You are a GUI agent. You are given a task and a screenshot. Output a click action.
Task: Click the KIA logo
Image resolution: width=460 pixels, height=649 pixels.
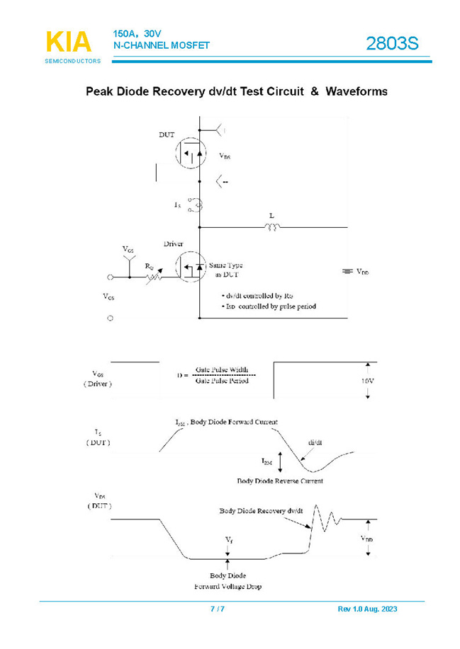[x=69, y=42]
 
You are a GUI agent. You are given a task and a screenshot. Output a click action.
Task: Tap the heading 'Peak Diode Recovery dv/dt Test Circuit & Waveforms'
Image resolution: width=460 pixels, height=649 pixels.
[x=236, y=92]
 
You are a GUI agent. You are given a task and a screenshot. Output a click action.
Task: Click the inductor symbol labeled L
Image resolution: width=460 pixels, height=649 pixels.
[x=272, y=226]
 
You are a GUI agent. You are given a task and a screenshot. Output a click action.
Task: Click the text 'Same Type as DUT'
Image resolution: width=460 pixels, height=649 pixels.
[x=225, y=270]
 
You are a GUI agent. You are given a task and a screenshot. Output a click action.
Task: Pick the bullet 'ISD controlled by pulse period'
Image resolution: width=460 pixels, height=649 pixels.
[x=269, y=306]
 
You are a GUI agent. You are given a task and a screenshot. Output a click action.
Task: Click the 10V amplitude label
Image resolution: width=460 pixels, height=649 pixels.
[x=368, y=381]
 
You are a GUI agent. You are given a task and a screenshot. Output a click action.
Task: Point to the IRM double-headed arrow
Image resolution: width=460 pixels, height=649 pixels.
[x=281, y=461]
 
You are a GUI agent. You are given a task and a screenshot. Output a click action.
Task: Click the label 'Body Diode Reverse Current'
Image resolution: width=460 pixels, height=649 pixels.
[x=280, y=481]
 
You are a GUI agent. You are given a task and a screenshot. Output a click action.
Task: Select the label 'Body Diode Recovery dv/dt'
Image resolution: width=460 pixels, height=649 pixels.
[x=261, y=510]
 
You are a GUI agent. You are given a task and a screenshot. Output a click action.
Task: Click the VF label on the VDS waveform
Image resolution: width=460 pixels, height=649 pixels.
[x=228, y=539]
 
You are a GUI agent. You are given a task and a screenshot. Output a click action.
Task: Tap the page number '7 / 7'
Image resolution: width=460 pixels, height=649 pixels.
[x=218, y=609]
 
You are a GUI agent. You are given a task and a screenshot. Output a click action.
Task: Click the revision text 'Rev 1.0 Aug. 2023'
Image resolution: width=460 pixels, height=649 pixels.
[x=369, y=609]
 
